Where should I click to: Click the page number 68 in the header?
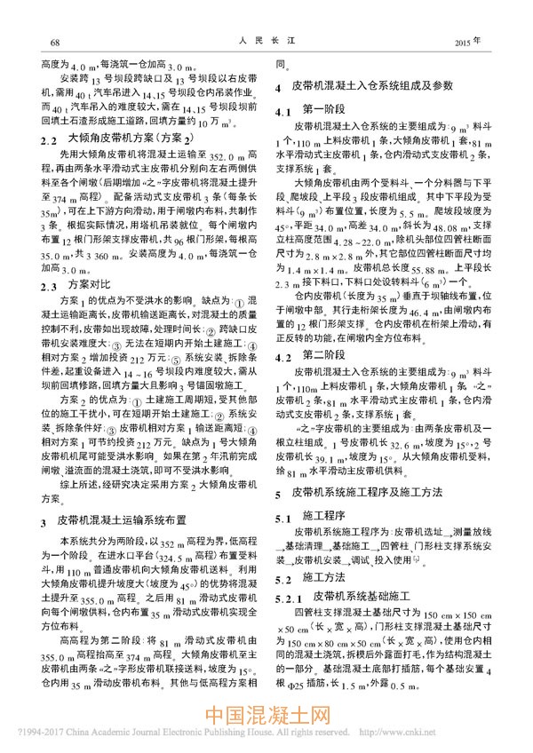click(54, 43)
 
